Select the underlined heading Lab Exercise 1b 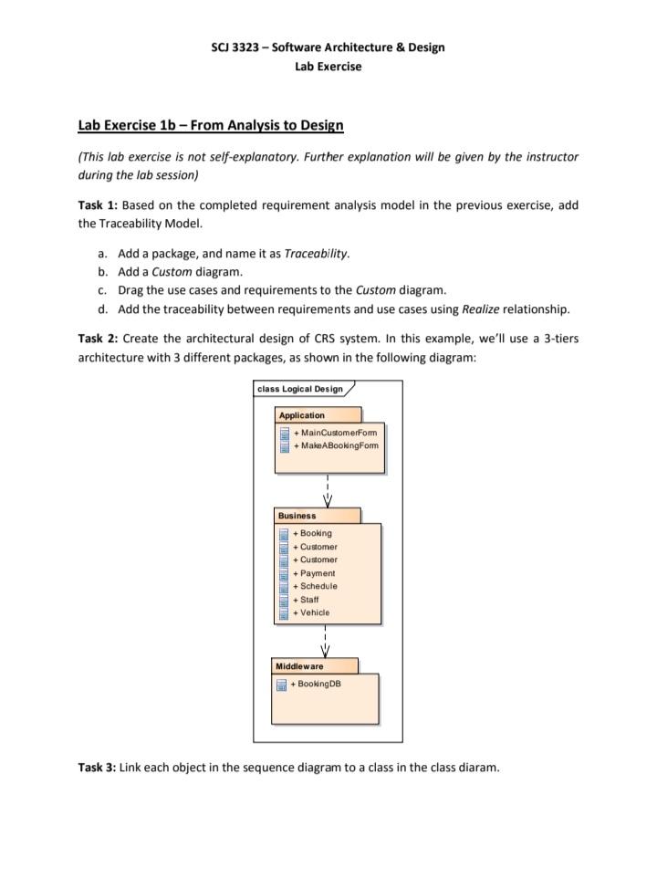click(210, 124)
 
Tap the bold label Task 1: click(98, 204)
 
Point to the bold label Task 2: click(98, 338)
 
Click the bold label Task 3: click(98, 767)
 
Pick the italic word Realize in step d click(480, 309)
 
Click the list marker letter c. click(103, 289)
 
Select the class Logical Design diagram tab click(300, 389)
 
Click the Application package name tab click(302, 415)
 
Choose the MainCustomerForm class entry click(334, 433)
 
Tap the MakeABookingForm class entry click(335, 445)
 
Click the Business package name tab click(297, 516)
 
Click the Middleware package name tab click(299, 666)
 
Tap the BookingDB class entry click(319, 684)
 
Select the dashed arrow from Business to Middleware click(326, 641)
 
